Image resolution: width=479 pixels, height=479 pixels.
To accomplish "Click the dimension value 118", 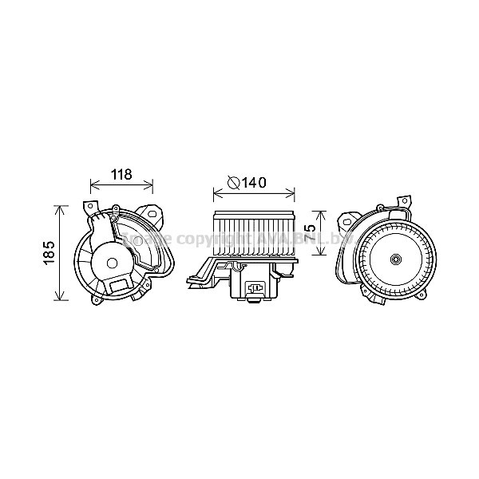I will coord(121,175).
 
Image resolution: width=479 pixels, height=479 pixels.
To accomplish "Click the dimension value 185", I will coord(47,254).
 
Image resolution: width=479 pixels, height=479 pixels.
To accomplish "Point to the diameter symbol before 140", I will coord(233,183).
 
